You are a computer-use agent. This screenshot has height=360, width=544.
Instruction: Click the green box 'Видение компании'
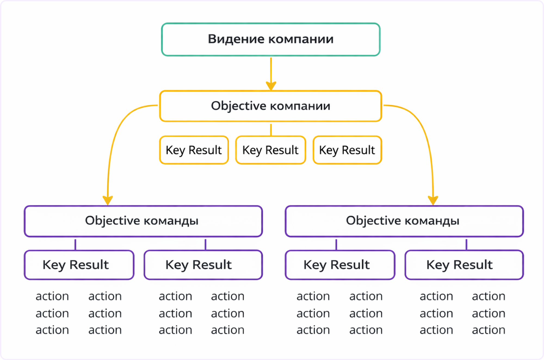[x=271, y=39]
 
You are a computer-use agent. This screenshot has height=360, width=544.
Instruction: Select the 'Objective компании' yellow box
[x=271, y=106]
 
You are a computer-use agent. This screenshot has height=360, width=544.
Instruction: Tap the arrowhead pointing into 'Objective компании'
[x=271, y=85]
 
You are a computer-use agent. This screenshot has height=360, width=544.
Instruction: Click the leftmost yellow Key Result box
[x=194, y=150]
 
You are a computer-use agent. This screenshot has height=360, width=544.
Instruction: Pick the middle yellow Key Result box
[x=270, y=150]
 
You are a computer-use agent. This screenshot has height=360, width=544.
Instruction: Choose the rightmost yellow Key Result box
[x=347, y=150]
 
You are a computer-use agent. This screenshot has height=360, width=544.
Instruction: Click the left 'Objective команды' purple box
[x=143, y=221]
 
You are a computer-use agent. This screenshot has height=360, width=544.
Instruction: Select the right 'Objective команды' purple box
[x=404, y=221]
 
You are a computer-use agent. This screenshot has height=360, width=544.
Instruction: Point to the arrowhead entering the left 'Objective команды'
[x=108, y=201]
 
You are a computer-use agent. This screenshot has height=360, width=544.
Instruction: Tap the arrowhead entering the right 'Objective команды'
[x=433, y=201]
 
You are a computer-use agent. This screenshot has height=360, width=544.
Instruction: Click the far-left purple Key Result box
[x=79, y=265]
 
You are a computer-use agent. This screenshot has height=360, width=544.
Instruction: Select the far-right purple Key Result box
[x=464, y=265]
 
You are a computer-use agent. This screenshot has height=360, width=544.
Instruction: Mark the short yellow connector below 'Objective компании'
[x=271, y=130]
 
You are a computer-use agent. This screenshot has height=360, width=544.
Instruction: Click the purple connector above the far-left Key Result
[x=75, y=244]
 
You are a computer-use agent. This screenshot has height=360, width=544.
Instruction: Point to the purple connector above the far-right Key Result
[x=466, y=244]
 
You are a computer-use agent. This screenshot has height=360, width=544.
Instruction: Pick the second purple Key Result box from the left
[x=203, y=265]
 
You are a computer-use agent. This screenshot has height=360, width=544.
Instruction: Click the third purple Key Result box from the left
[x=340, y=265]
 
